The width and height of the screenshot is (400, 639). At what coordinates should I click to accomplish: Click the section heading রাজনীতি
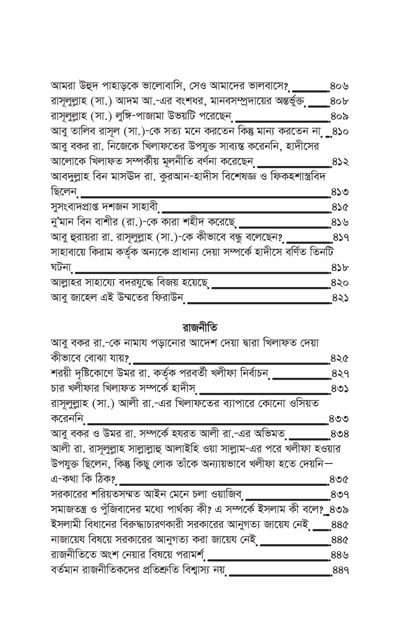[x=200, y=328]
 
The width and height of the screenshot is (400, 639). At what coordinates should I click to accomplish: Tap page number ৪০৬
[x=339, y=86]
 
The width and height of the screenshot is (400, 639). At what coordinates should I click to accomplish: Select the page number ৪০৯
[x=339, y=117]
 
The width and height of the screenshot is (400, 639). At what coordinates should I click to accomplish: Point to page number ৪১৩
[x=340, y=192]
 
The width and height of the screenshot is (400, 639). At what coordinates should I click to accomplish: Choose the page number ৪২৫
[x=339, y=358]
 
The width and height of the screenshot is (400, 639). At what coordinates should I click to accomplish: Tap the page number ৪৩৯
[x=339, y=510]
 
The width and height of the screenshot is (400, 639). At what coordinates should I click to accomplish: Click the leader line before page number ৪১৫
[x=245, y=211]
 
